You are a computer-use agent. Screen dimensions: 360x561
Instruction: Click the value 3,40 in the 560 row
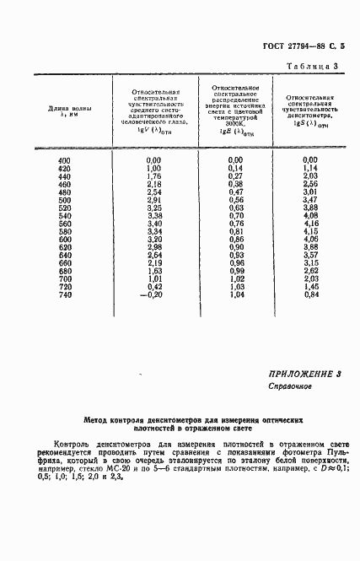(153, 223)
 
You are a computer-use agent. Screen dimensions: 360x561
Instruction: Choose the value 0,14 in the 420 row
(235, 168)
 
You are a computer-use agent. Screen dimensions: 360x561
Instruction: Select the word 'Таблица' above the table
(308, 66)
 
